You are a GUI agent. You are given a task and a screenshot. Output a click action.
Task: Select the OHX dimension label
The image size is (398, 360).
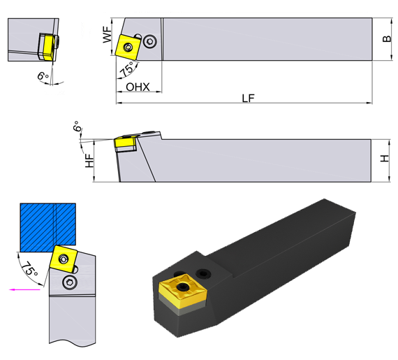click(138, 87)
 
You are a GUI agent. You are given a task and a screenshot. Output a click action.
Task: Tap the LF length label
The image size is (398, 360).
click(248, 99)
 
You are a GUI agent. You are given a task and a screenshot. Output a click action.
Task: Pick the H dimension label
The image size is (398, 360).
click(385, 159)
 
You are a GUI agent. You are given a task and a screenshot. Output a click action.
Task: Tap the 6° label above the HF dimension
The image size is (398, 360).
click(76, 128)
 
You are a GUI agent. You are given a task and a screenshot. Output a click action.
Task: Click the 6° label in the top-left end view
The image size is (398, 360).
click(43, 75)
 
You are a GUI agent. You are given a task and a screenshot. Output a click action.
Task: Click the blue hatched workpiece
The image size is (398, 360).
click(47, 226)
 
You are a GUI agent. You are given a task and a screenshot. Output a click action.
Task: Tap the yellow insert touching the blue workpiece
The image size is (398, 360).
click(63, 259)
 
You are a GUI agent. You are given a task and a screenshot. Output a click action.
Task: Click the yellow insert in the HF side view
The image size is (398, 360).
click(126, 143)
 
